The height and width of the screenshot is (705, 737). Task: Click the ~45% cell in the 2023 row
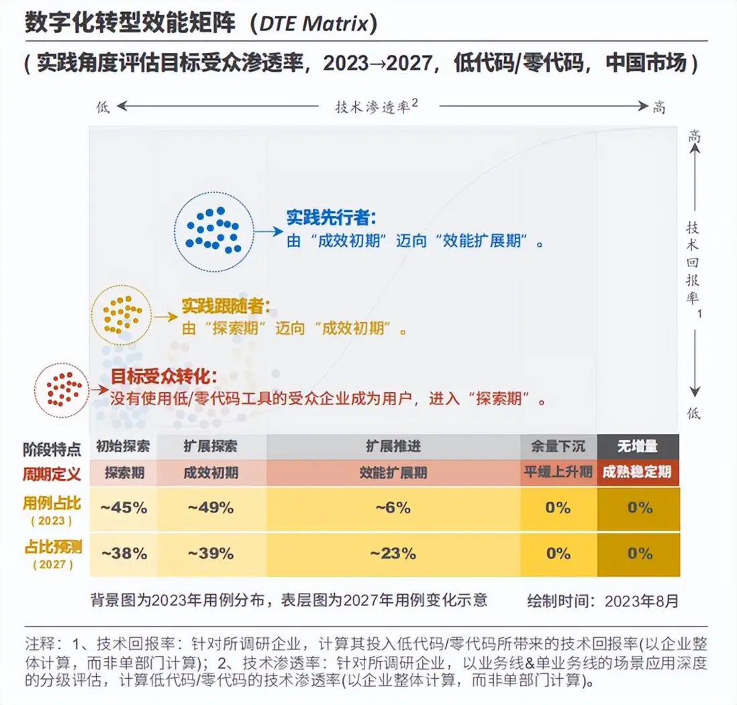tap(124, 508)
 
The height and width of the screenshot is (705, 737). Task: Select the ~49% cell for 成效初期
tap(211, 508)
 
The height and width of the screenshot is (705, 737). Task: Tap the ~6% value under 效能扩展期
tap(393, 508)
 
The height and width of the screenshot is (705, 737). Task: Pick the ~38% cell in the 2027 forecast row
tap(124, 553)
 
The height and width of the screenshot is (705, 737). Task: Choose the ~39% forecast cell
tap(211, 553)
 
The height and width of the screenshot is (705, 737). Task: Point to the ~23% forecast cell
tap(393, 553)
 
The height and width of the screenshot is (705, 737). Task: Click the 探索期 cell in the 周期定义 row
tap(124, 472)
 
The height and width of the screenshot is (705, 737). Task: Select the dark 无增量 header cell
tap(638, 447)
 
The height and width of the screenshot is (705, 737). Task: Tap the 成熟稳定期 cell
tap(638, 472)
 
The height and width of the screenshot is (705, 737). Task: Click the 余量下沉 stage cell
tap(558, 447)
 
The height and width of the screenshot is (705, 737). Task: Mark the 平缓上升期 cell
tap(558, 472)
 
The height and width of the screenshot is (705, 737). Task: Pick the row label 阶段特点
tap(52, 447)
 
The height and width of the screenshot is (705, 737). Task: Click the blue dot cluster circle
tap(214, 231)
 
